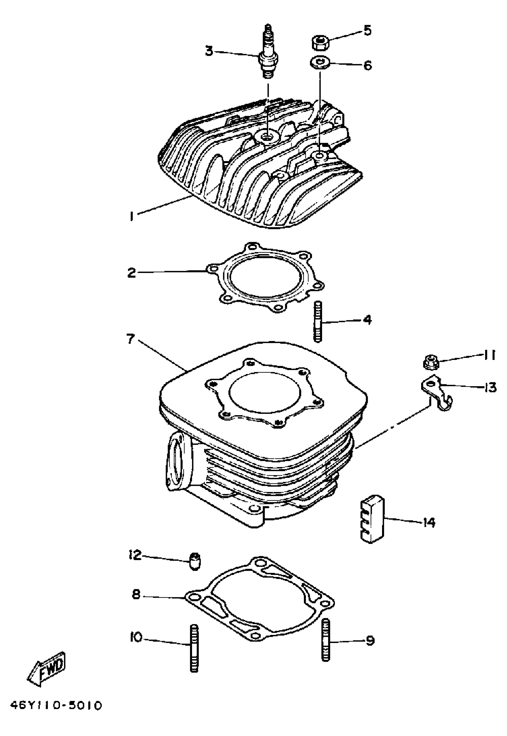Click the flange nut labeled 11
click(x=431, y=363)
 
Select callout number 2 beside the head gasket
click(x=132, y=273)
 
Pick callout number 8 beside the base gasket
click(x=136, y=594)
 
